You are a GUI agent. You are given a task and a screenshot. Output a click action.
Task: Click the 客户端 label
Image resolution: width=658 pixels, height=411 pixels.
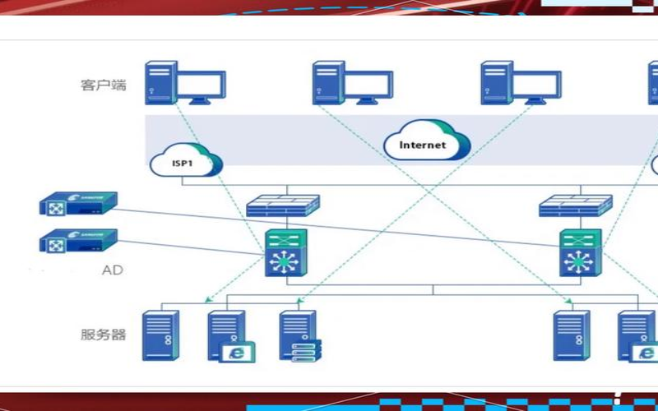coord(104,84)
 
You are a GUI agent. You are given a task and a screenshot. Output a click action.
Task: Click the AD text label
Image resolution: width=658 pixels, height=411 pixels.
coord(112,270)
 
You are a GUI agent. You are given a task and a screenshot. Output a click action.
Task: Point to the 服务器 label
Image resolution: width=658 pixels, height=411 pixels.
coord(104,335)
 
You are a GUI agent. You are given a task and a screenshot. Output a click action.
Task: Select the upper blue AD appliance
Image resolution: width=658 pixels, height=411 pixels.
coord(78,203)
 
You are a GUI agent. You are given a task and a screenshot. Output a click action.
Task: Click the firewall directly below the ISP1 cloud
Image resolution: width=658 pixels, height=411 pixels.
coord(283,205)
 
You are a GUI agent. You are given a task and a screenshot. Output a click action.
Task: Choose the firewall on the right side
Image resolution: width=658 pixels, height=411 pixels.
coord(576,205)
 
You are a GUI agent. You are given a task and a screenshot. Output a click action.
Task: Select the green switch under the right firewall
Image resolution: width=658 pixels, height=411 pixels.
coord(580,252)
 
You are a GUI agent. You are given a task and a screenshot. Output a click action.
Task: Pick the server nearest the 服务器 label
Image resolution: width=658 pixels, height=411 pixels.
coord(160,335)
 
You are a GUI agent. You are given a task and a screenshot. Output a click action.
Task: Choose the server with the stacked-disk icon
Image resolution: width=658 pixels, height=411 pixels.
coord(299,335)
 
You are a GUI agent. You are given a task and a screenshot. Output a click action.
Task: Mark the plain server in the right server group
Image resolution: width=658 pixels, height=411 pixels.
coord(572,335)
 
